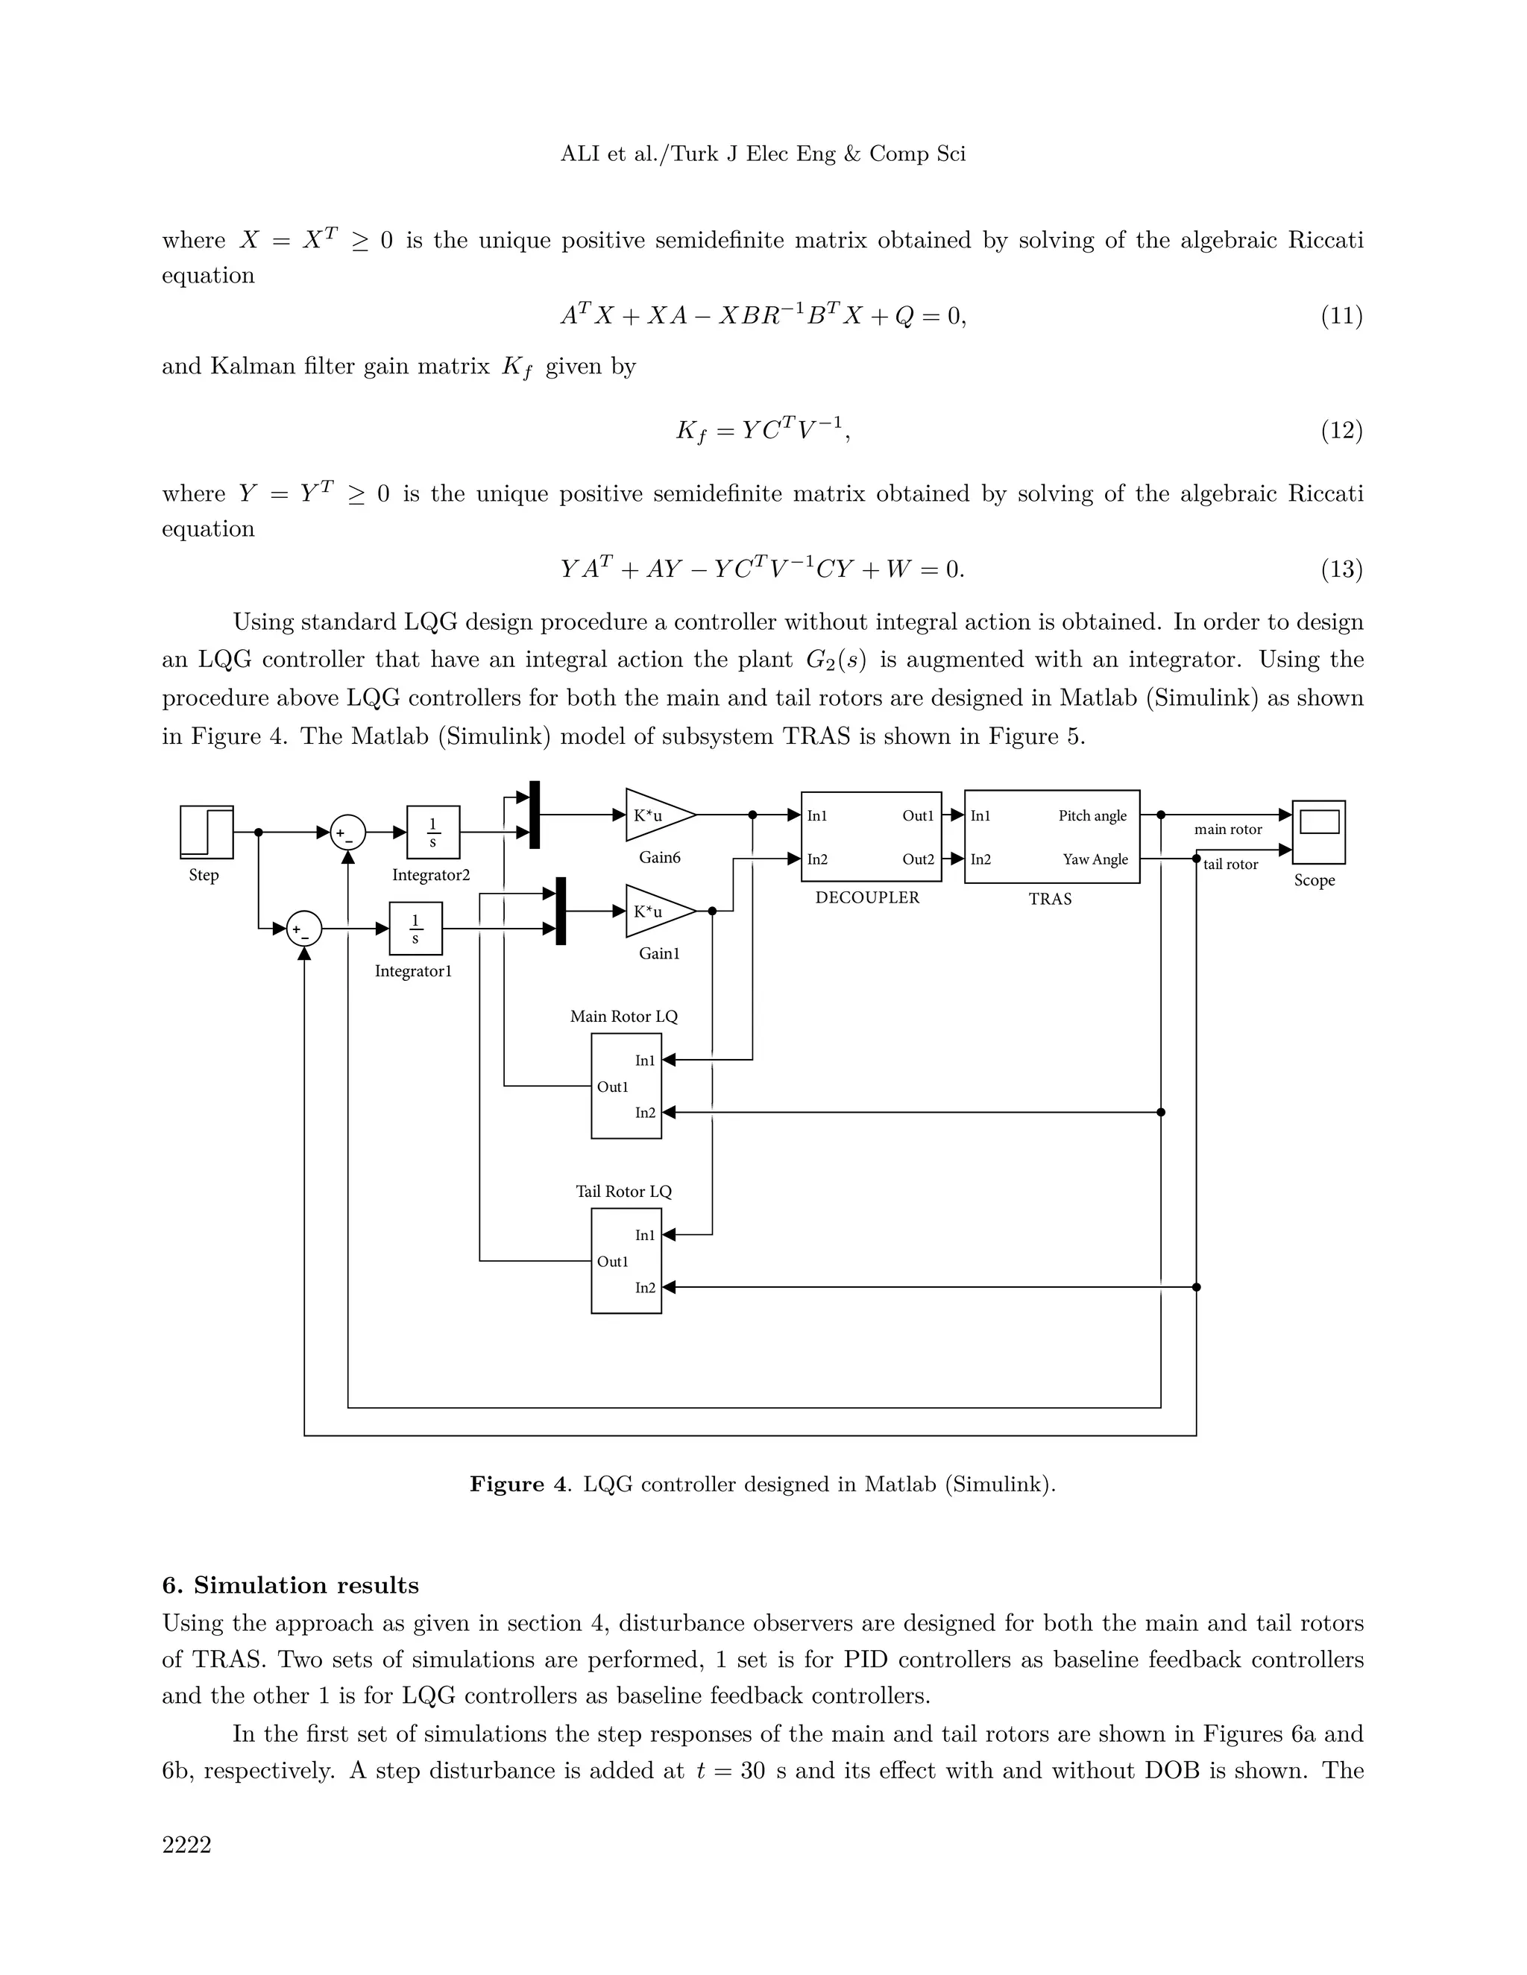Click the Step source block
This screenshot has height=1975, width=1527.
point(207,832)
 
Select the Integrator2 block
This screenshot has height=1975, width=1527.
point(433,832)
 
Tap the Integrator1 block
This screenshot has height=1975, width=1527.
point(415,928)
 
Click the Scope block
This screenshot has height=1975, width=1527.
point(1318,832)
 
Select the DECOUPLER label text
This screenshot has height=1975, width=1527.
point(866,898)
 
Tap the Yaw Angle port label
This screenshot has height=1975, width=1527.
point(1095,859)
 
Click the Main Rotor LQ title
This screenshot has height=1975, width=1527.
point(623,1017)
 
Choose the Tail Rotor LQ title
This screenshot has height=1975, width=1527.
point(623,1192)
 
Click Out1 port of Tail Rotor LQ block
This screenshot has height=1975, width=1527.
point(611,1262)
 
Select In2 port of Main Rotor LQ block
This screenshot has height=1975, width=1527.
point(645,1112)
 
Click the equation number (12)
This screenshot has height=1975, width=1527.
point(1341,431)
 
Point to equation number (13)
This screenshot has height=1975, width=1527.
point(1341,569)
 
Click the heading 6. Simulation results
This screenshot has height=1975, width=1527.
point(290,1585)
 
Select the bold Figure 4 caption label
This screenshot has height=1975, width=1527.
point(518,1484)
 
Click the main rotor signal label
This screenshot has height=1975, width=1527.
point(1227,829)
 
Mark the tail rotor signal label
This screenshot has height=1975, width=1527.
point(1230,865)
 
